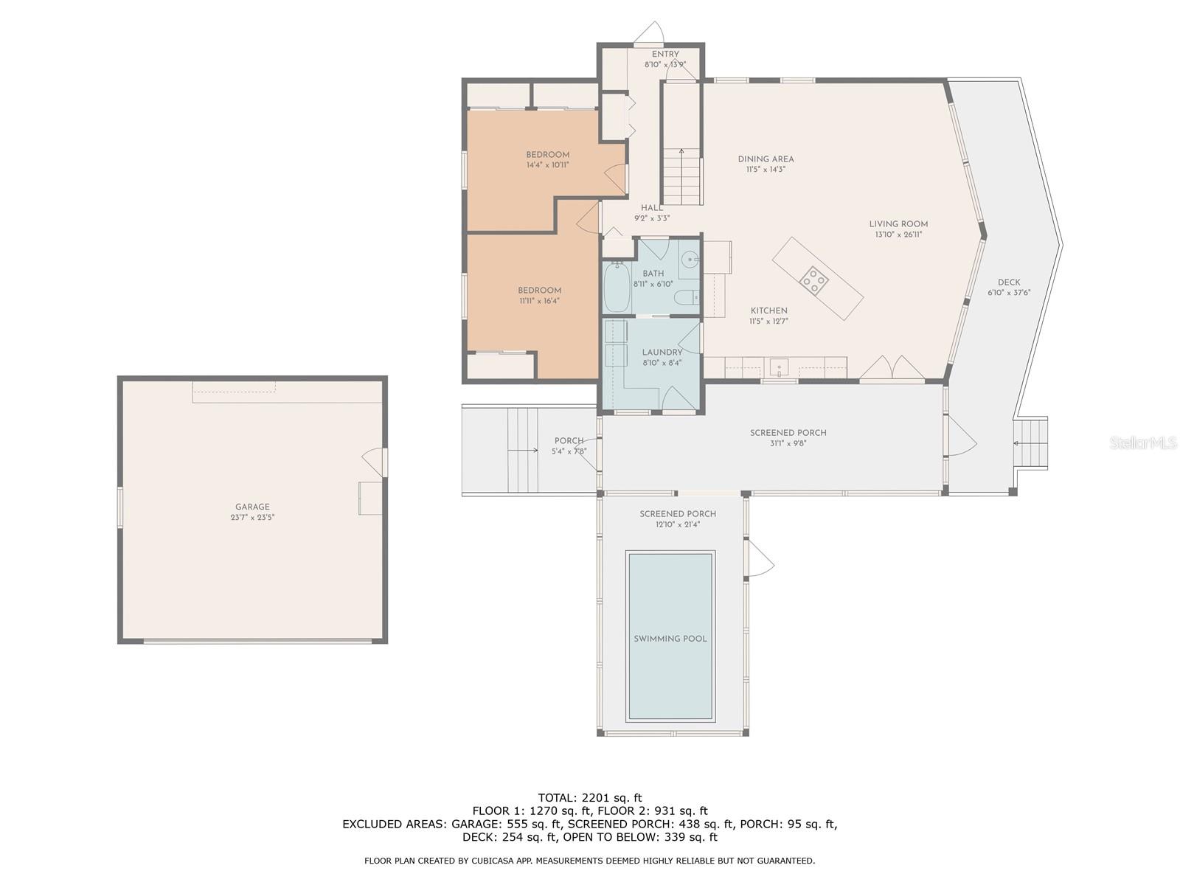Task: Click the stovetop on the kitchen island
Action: pos(814,280)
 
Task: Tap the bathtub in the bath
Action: pos(617,288)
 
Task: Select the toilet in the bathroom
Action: pos(687,298)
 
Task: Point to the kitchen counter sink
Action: pos(780,367)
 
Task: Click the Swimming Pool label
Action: pos(670,639)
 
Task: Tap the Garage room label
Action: pos(252,507)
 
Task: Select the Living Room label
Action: pos(898,224)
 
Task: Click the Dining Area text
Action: pos(766,159)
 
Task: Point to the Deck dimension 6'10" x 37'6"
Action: pos(1009,293)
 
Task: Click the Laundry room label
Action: pos(662,353)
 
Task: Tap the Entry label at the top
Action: pos(664,54)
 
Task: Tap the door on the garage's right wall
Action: pos(375,461)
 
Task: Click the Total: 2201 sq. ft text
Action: pos(589,797)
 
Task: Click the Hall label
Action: pos(651,208)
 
